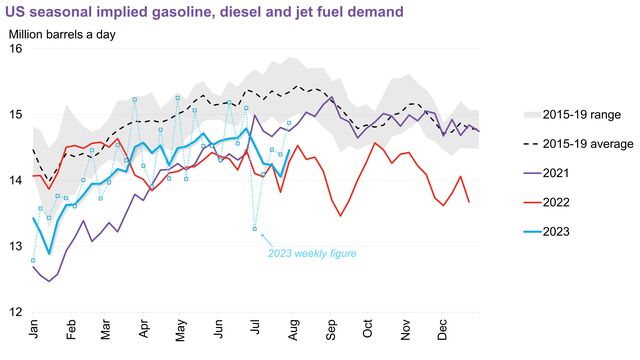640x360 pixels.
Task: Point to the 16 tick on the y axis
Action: (x=16, y=49)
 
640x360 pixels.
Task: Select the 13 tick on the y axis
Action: (x=16, y=246)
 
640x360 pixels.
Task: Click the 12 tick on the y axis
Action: (x=16, y=312)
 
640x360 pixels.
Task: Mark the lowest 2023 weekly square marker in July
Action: (x=255, y=230)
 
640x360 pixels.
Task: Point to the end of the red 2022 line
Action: (x=468, y=202)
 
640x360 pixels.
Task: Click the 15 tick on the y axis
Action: (x=16, y=115)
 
